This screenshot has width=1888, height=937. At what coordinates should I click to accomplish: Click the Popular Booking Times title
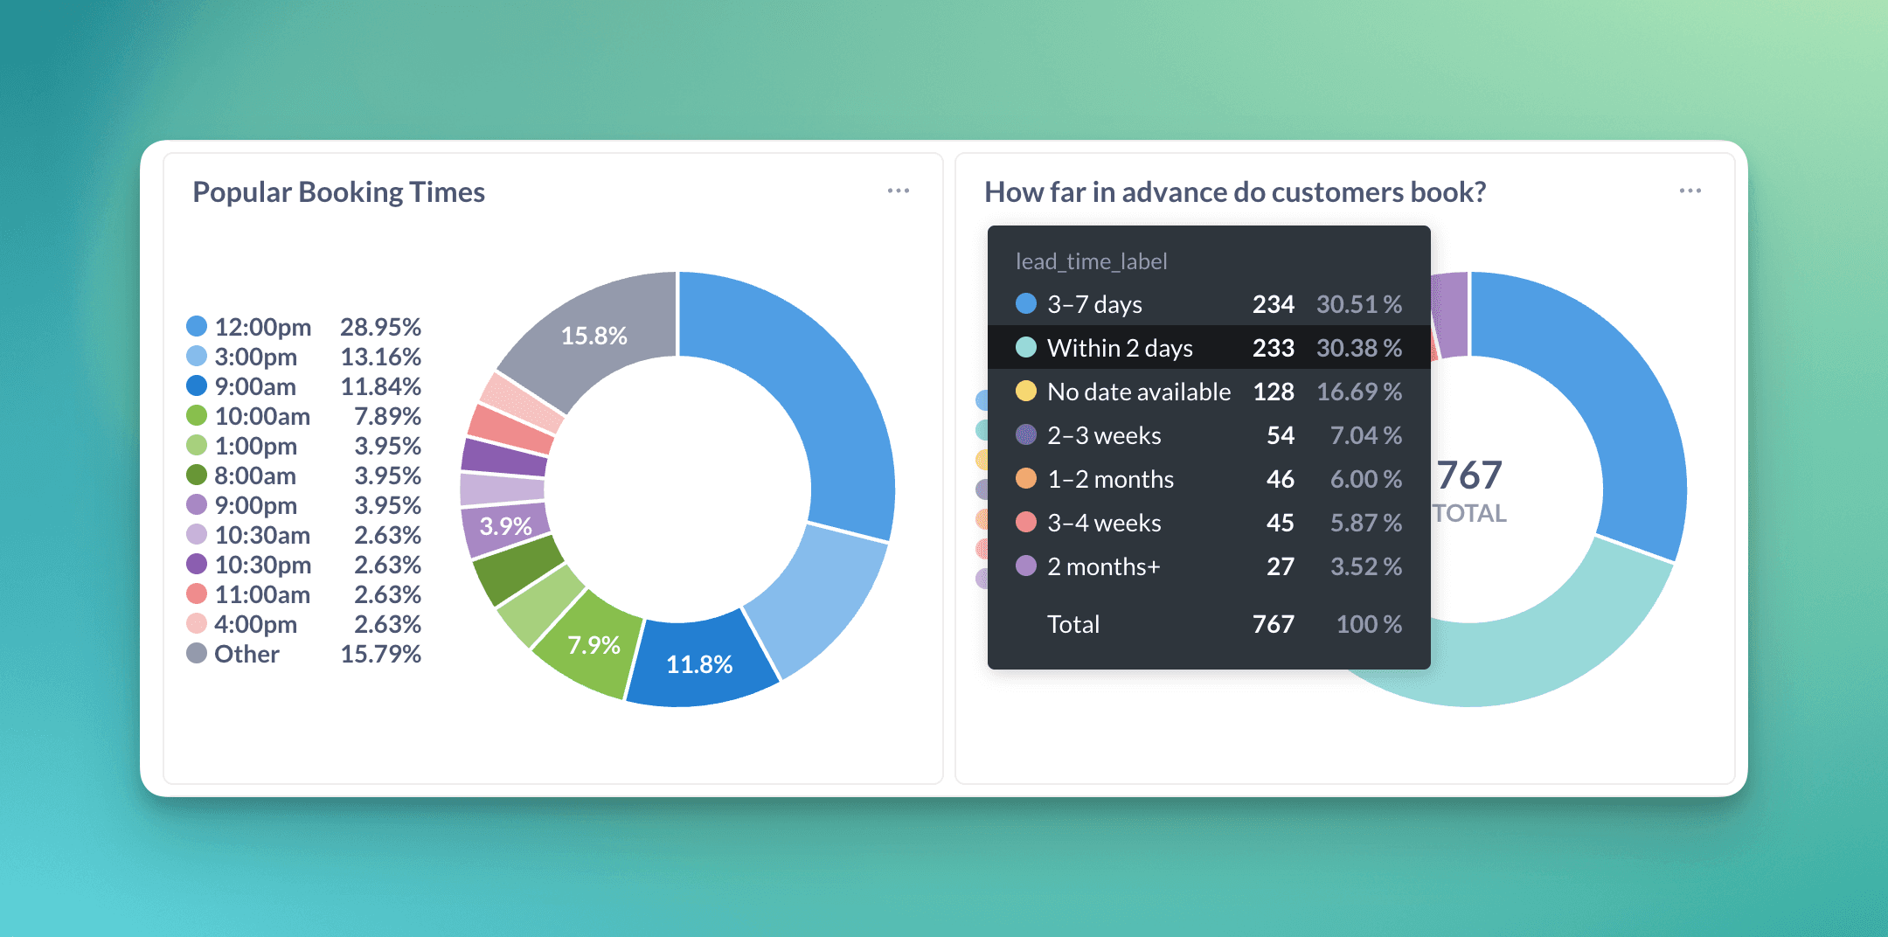338,192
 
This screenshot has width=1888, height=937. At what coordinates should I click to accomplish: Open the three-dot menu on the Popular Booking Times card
898,191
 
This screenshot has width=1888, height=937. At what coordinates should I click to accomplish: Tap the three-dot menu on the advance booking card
1690,191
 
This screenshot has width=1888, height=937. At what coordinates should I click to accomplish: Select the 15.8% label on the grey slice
593,336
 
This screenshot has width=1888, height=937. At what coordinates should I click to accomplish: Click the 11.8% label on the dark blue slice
699,664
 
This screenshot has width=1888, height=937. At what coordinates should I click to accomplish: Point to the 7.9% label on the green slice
593,645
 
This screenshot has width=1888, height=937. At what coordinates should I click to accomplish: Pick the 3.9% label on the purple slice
505,526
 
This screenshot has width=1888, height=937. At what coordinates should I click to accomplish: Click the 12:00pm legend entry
262,327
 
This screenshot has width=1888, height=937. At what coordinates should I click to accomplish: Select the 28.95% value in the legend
380,327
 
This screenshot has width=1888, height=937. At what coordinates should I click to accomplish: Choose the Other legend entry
246,654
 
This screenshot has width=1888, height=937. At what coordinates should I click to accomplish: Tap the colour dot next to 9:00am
197,386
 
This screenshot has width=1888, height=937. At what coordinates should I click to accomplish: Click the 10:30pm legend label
262,565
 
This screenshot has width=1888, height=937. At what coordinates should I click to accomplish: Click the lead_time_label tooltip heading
1091,261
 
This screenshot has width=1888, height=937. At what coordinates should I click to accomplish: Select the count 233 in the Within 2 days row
1273,348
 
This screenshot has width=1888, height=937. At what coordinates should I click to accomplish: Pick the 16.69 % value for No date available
1358,392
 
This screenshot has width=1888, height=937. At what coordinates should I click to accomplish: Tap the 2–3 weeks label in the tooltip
1104,435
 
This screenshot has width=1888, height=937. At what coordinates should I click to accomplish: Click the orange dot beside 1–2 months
1026,479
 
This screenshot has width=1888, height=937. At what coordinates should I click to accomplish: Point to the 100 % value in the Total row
1368,624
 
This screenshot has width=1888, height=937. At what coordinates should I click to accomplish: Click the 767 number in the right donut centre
1469,475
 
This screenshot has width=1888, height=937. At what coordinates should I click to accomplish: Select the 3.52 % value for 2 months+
1365,566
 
